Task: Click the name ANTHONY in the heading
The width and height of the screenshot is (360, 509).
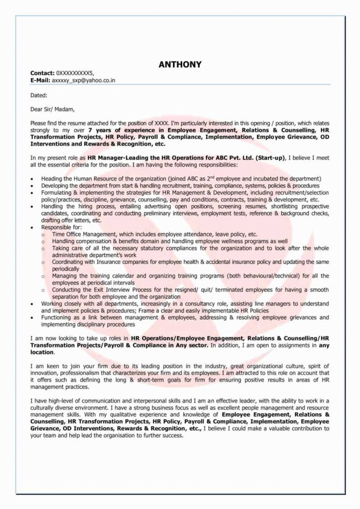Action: [180, 65]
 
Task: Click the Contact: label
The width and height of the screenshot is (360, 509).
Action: [42, 73]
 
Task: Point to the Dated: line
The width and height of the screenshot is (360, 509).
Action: [39, 95]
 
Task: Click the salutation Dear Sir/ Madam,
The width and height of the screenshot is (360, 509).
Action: [52, 110]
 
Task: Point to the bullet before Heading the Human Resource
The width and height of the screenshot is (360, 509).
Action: [33, 179]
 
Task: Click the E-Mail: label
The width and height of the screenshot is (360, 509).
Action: [40, 80]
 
